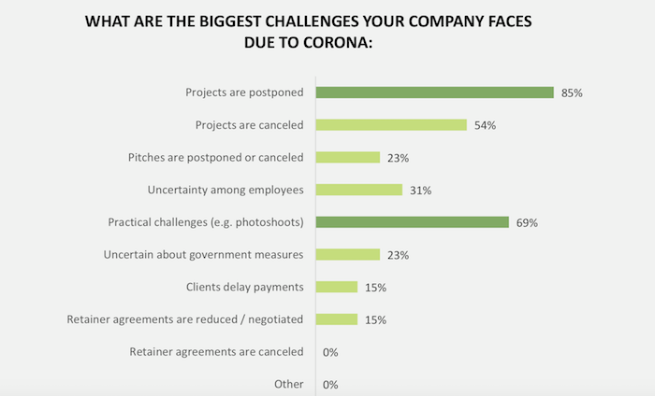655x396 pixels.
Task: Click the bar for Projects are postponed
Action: [x=435, y=92]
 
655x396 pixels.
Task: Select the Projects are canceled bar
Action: [x=391, y=124]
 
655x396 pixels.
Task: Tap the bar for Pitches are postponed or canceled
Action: [x=348, y=157]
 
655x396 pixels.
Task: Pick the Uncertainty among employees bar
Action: [x=359, y=190]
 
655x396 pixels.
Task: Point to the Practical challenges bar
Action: [x=413, y=222]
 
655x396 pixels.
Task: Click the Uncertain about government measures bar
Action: [x=348, y=254]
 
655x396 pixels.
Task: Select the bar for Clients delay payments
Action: [x=337, y=287]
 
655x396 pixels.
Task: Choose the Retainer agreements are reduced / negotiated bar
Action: [x=337, y=319]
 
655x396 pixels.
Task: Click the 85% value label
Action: [x=573, y=92]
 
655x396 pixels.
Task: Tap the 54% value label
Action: [x=486, y=125]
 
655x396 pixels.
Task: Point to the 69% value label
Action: [x=529, y=222]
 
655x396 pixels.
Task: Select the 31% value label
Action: [x=420, y=190]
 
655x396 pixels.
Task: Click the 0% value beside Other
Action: [x=329, y=384]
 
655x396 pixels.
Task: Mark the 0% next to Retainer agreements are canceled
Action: [x=329, y=352]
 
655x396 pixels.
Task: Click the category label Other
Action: [x=288, y=384]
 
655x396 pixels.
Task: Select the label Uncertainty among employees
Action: [x=226, y=190]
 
